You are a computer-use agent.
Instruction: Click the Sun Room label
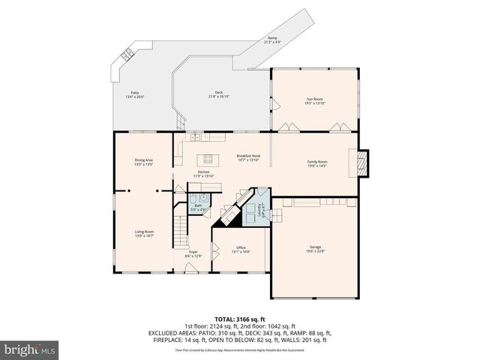point(315,100)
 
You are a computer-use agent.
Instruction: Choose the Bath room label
point(198,207)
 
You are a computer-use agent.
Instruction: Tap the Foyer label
point(193,253)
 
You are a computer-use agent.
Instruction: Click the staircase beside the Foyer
point(180,226)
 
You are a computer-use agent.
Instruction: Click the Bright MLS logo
point(30,349)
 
